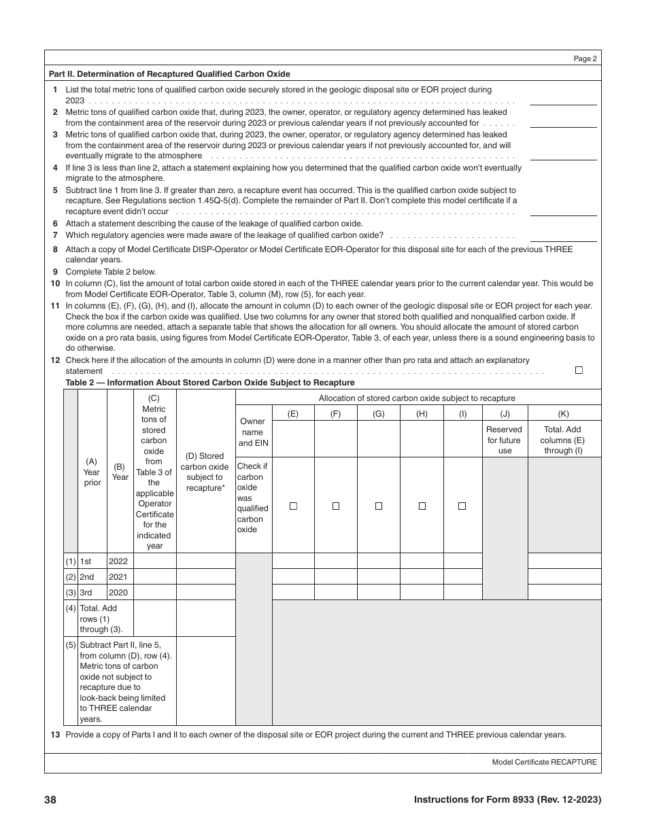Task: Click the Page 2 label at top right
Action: pyautogui.click(x=585, y=59)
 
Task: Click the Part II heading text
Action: pyautogui.click(x=169, y=74)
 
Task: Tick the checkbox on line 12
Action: pyautogui.click(x=579, y=370)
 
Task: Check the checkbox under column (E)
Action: pyautogui.click(x=293, y=506)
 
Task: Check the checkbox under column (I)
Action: pyautogui.click(x=462, y=506)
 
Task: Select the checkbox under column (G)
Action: pyautogui.click(x=379, y=506)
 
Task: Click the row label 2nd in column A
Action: pyautogui.click(x=87, y=577)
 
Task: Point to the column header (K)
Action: pyautogui.click(x=563, y=413)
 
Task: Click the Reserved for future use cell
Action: pyautogui.click(x=505, y=440)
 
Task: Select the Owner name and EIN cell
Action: pyautogui.click(x=252, y=432)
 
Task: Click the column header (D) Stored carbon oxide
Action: pyautogui.click(x=205, y=472)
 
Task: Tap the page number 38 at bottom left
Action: pyautogui.click(x=50, y=800)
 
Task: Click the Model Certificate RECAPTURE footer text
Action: pyautogui.click(x=544, y=762)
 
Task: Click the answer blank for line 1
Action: pyautogui.click(x=563, y=99)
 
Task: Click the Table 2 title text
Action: pyautogui.click(x=210, y=383)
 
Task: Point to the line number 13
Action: pyautogui.click(x=54, y=735)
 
